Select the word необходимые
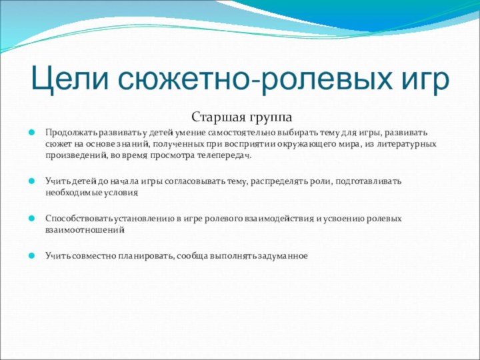click(73, 192)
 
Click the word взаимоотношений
click(85, 229)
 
